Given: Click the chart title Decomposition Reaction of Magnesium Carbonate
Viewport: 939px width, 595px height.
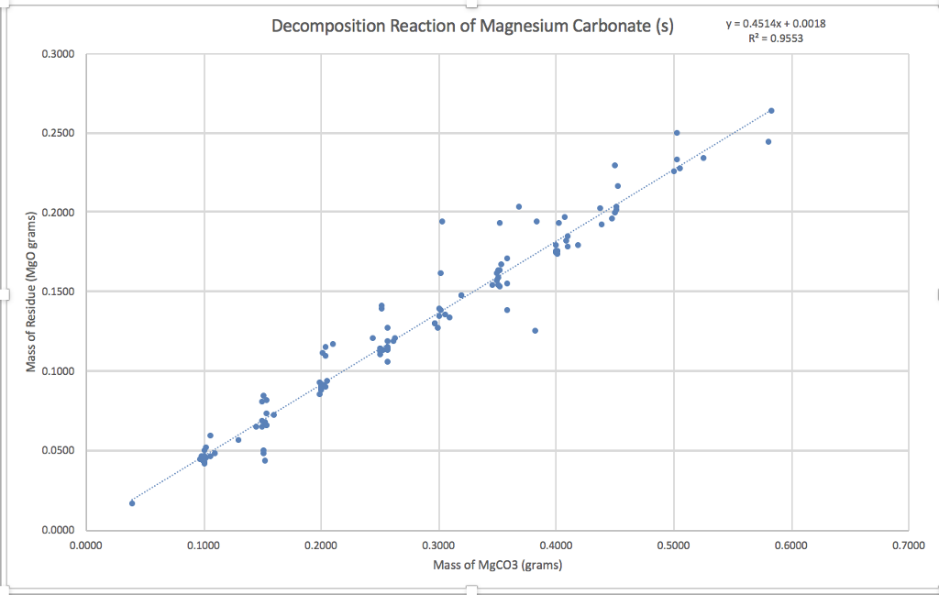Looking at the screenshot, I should point(472,26).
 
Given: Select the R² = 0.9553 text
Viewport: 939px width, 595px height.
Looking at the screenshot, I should point(768,39).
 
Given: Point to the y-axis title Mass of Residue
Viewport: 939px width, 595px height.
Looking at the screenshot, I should point(30,292).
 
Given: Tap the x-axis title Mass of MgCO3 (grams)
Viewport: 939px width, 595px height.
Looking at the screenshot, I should point(497,564).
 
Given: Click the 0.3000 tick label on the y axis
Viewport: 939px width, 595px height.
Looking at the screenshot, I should point(58,54).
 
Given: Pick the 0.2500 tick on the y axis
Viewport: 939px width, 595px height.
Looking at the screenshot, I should point(58,134).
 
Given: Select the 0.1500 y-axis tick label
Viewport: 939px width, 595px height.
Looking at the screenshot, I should point(58,292).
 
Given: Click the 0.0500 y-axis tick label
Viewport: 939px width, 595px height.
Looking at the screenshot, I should point(58,451).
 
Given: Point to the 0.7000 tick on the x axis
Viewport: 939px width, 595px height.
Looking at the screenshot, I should point(908,545).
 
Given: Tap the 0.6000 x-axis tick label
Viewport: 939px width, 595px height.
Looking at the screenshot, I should point(790,545).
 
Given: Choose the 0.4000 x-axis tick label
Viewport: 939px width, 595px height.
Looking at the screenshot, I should point(556,545).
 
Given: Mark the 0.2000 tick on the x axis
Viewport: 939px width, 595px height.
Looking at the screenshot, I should point(321,545).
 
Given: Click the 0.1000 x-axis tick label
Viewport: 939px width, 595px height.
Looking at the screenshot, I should point(204,545).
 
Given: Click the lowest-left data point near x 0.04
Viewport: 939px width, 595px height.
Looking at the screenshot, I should point(132,503).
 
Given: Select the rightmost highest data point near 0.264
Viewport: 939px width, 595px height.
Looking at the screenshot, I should point(771,111).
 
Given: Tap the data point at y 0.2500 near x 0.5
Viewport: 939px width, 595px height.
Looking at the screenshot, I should point(677,133).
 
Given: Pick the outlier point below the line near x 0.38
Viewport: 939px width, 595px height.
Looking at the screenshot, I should point(535,331).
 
